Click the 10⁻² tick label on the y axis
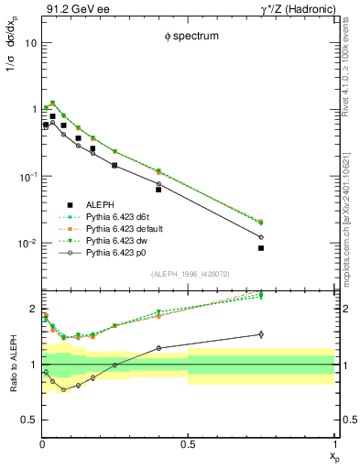[x=27, y=244]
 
